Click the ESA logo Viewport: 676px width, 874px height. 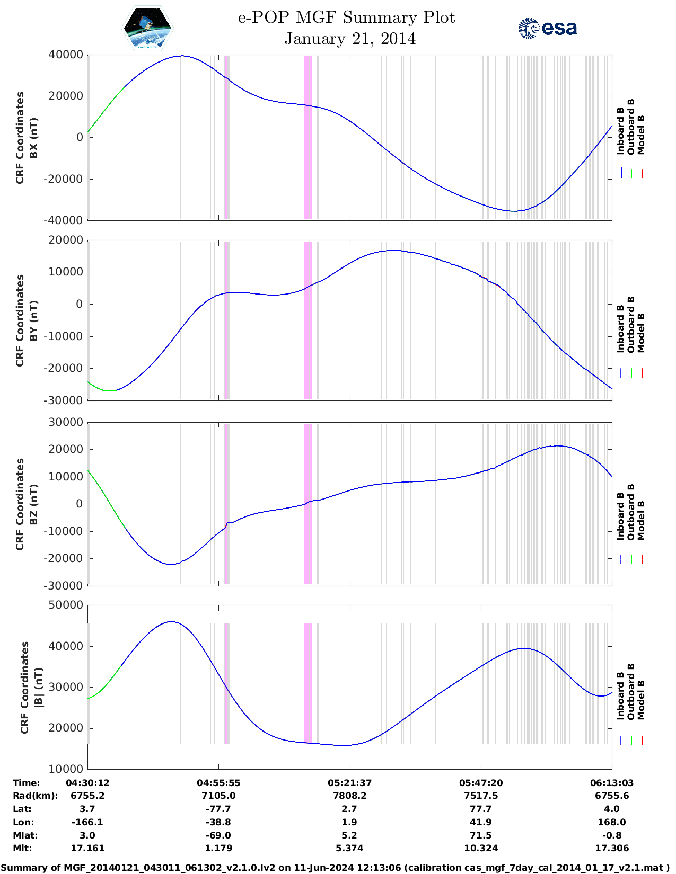point(547,28)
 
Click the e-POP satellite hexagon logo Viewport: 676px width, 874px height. point(148,29)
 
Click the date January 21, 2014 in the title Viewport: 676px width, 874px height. point(350,39)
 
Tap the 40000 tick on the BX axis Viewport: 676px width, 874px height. point(65,55)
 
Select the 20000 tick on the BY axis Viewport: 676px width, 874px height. point(65,240)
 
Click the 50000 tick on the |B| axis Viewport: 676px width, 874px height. point(65,605)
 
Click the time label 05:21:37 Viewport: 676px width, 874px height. point(349,783)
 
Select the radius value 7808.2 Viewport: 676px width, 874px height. point(349,796)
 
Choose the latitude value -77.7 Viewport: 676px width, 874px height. point(218,809)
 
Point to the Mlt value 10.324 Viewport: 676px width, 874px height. point(481,848)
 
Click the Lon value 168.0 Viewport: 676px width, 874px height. point(612,822)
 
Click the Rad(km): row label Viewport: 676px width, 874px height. point(35,796)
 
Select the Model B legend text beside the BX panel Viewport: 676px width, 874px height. point(641,135)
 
